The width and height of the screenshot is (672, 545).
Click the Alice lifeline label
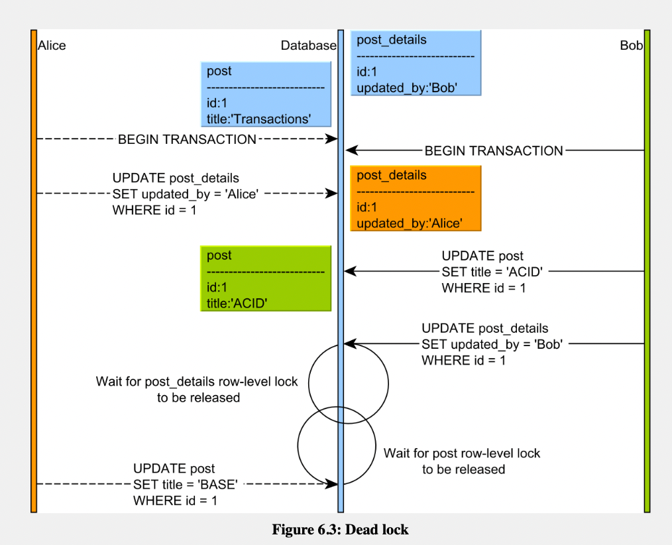click(52, 46)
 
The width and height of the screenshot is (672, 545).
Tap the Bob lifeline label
click(632, 46)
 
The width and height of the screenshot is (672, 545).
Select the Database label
click(309, 46)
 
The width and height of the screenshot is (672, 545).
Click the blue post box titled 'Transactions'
click(266, 94)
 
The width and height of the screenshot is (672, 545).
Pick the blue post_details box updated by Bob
click(416, 63)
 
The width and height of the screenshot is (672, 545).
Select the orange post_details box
click(416, 198)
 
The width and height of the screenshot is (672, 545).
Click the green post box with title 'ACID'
click(266, 278)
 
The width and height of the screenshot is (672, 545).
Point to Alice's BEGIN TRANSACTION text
click(188, 139)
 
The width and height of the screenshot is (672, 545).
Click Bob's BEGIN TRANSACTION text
click(494, 151)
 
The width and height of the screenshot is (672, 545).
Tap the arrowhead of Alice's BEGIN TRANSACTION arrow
click(332, 139)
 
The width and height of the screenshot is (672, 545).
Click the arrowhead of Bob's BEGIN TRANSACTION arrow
click(352, 151)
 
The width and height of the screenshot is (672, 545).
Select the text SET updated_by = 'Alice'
click(186, 194)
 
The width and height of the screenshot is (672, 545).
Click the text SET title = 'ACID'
click(492, 272)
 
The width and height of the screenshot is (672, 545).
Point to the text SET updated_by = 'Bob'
click(492, 344)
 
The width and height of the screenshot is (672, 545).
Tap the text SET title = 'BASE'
click(186, 485)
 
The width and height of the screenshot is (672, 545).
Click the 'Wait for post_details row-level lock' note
click(197, 389)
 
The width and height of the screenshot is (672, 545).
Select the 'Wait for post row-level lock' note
click(462, 461)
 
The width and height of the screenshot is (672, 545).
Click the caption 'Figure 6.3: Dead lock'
click(340, 530)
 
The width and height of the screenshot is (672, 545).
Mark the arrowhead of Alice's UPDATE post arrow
click(332, 484)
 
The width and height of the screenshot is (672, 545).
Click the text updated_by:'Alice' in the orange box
click(410, 223)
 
